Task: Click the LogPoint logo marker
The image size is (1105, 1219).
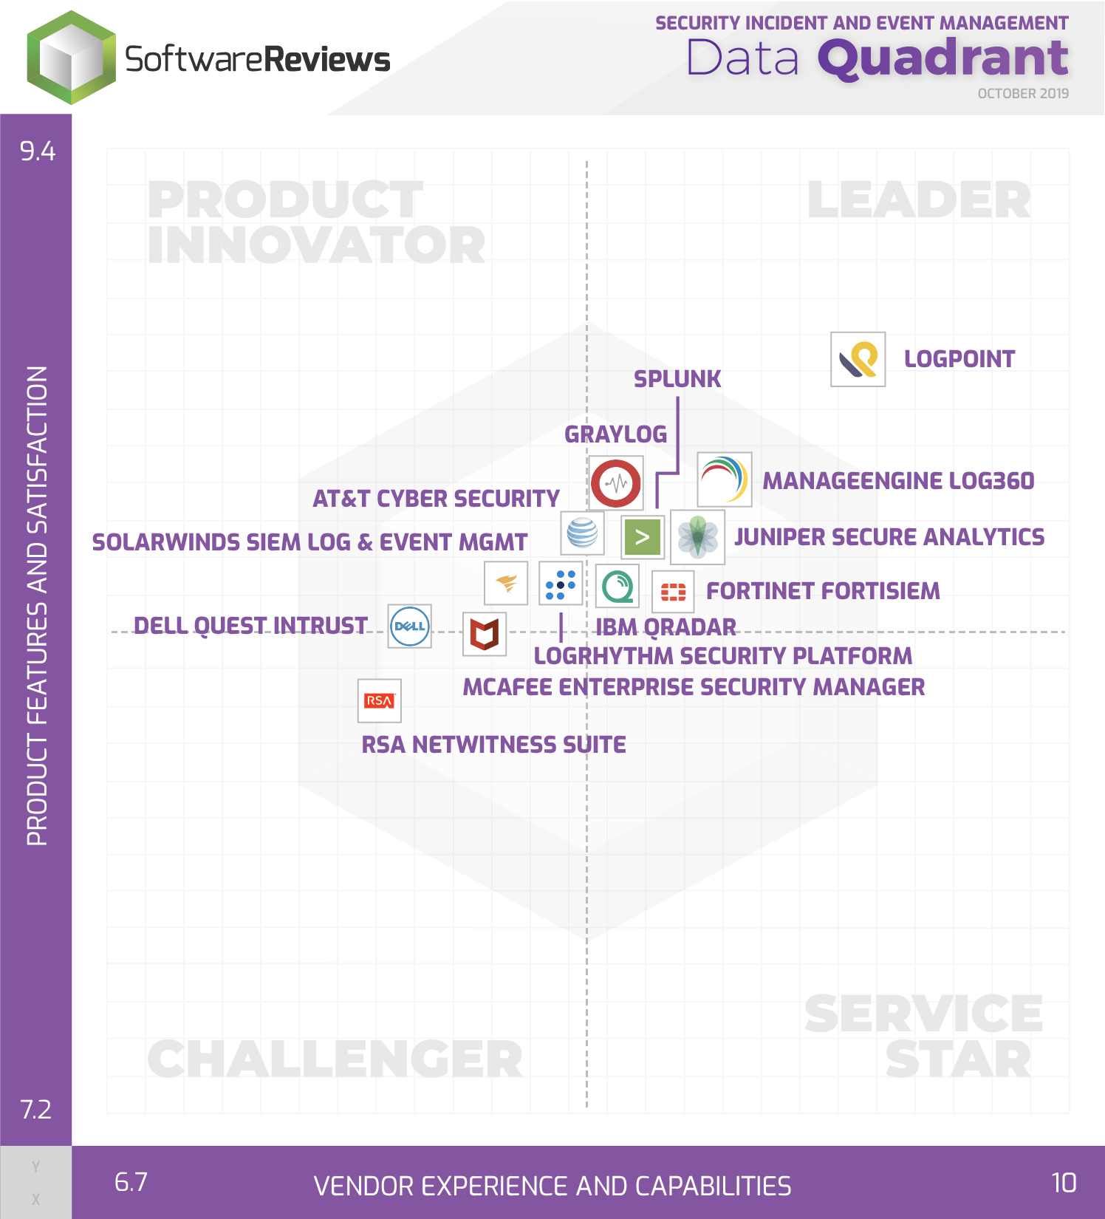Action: pos(858,359)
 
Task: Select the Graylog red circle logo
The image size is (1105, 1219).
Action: pos(615,483)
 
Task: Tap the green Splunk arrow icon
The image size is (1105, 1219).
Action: pos(642,536)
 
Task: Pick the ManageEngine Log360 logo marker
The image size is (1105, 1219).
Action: pos(724,479)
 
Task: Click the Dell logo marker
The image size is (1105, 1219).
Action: pos(409,626)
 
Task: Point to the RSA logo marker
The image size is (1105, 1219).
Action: pos(379,700)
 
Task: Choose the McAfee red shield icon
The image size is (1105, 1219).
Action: pos(485,634)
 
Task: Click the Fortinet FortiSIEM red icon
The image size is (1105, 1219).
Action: pos(673,592)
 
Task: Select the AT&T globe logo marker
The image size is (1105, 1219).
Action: pos(582,533)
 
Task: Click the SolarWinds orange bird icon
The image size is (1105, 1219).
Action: pos(506,584)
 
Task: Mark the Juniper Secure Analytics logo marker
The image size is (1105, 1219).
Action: pos(697,537)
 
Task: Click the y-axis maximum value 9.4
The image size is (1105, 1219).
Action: pos(38,151)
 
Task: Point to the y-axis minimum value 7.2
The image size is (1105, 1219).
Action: pos(36,1110)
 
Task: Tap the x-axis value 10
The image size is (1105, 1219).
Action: pos(1064,1183)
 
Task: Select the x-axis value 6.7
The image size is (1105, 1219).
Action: pos(131,1182)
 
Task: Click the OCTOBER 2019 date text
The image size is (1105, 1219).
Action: pos(1023,94)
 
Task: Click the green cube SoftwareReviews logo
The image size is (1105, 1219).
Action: pos(72,58)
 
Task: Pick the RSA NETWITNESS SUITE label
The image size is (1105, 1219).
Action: pos(493,745)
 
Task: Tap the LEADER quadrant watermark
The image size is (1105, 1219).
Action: pos(920,200)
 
